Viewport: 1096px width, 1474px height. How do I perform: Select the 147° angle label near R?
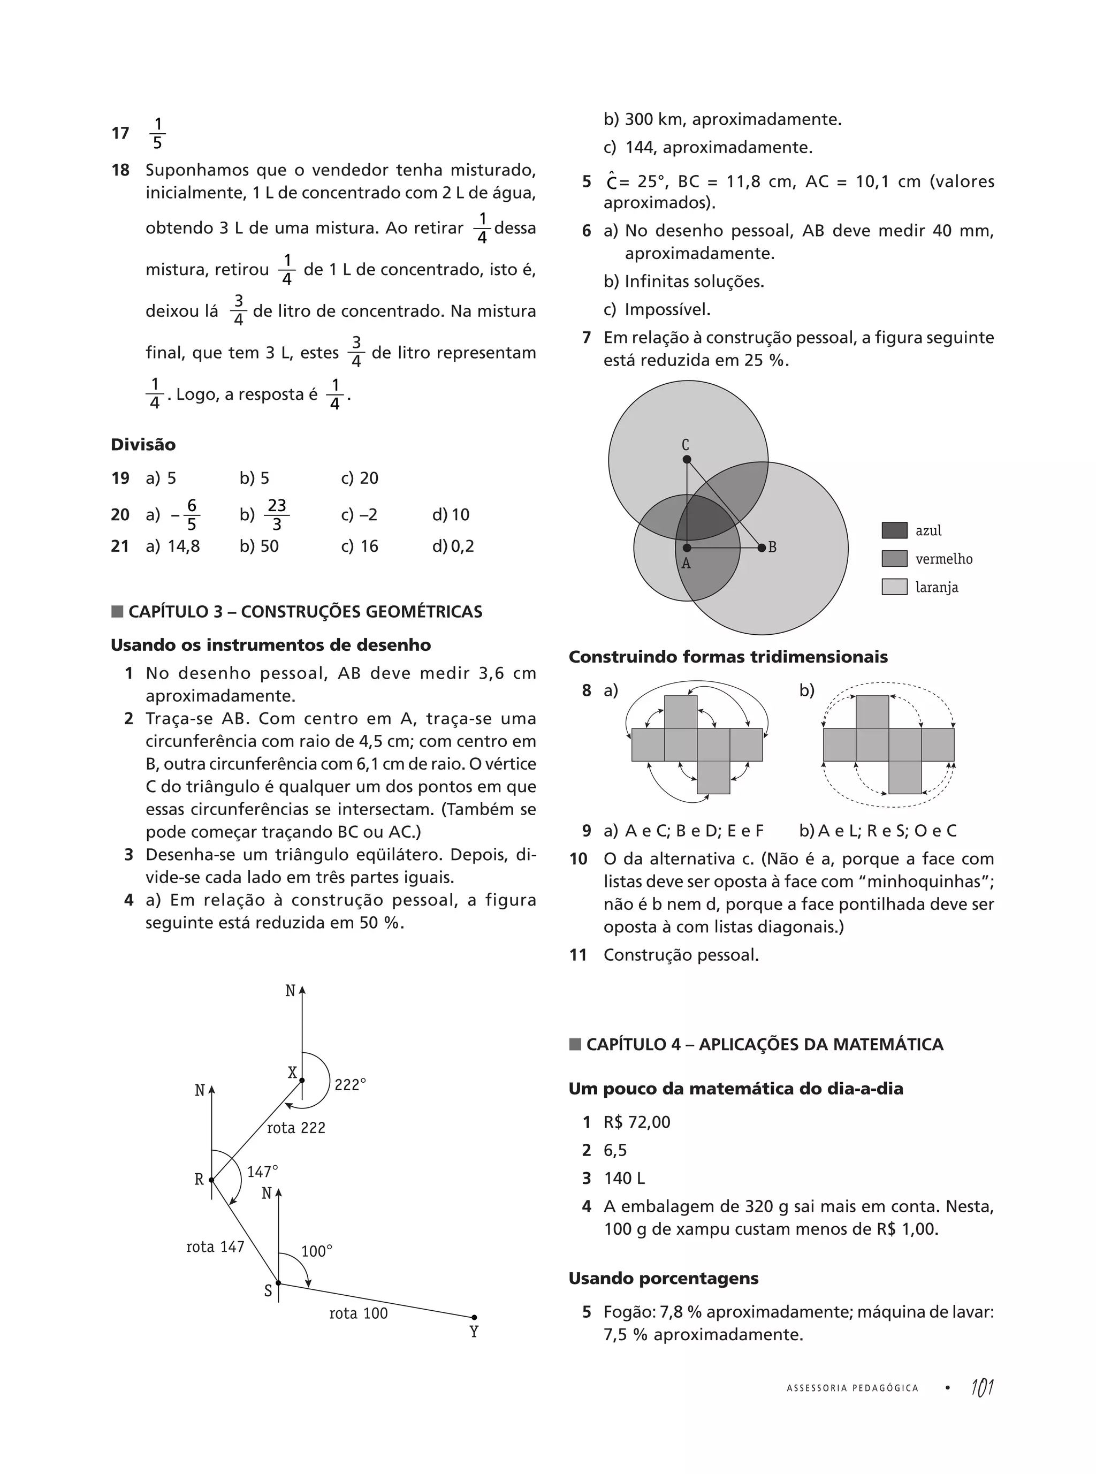pyautogui.click(x=262, y=1172)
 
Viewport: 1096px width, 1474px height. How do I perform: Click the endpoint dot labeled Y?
pyautogui.click(x=474, y=1317)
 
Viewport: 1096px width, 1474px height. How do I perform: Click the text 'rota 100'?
pyautogui.click(x=358, y=1313)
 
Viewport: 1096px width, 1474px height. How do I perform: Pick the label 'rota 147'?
pyautogui.click(x=215, y=1247)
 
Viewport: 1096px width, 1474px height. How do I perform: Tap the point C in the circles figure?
pyautogui.click(x=687, y=459)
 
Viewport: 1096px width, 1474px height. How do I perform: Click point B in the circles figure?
pyautogui.click(x=762, y=548)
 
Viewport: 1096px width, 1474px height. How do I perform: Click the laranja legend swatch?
pyautogui.click(x=894, y=587)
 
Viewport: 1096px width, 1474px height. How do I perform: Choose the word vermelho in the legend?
pyautogui.click(x=943, y=559)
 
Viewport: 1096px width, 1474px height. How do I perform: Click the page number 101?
pyautogui.click(x=982, y=1387)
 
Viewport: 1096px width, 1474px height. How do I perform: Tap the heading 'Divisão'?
pyautogui.click(x=143, y=444)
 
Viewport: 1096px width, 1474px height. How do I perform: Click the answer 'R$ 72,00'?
pyautogui.click(x=636, y=1122)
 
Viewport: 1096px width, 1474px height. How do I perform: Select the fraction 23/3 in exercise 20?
pyautogui.click(x=277, y=515)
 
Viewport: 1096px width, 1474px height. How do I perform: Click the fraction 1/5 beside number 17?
pyautogui.click(x=157, y=133)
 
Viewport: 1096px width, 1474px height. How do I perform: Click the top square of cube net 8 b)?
pyautogui.click(x=872, y=712)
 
